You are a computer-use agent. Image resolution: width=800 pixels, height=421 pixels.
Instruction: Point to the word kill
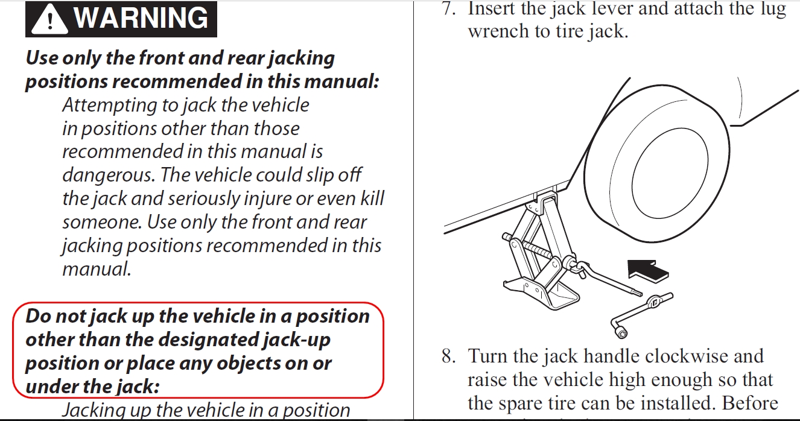[x=371, y=198]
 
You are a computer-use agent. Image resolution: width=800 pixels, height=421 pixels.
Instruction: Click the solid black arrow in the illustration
[x=648, y=269]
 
